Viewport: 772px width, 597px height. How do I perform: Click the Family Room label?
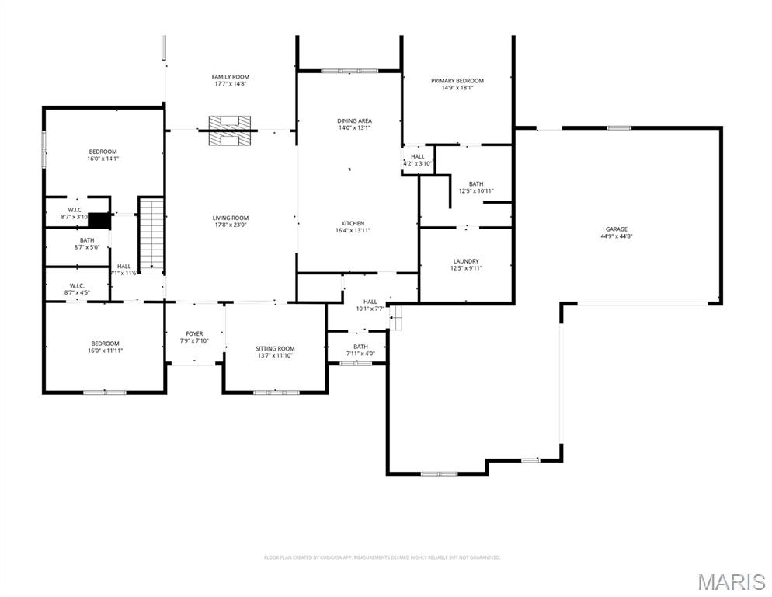tap(231, 77)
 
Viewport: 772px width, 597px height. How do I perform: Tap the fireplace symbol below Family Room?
tap(230, 130)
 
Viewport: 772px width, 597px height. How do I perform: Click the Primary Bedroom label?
tap(457, 81)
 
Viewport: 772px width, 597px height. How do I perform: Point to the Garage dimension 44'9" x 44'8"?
tap(617, 236)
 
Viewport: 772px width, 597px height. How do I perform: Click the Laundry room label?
tap(466, 261)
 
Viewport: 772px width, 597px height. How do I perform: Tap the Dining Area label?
tap(354, 121)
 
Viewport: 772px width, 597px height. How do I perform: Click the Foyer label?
tap(194, 333)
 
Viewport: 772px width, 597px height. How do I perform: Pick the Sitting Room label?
tap(275, 348)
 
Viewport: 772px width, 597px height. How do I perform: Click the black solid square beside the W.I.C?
tap(100, 221)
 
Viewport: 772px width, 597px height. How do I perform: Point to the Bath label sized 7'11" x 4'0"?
tap(360, 347)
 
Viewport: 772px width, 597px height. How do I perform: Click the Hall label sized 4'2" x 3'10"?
tap(417, 157)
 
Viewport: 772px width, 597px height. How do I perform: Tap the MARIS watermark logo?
tap(730, 581)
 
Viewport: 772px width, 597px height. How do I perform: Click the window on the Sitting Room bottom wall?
tap(276, 393)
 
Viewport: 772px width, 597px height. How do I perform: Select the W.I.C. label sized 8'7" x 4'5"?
tap(77, 285)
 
